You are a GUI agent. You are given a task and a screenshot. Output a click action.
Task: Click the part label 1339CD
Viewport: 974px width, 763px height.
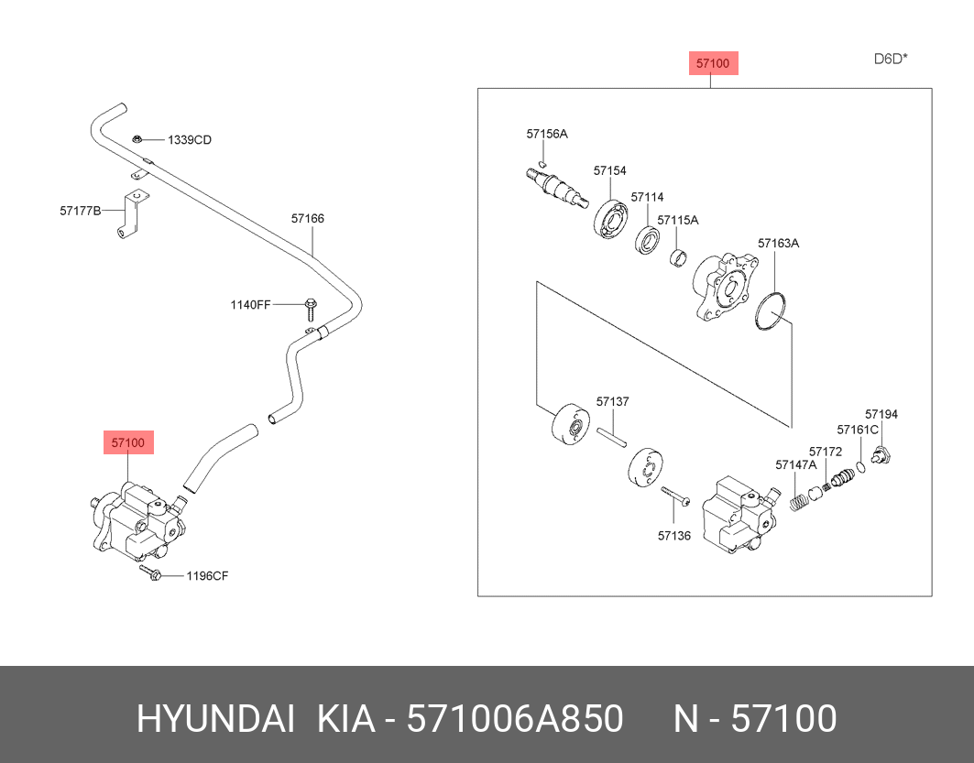coord(189,140)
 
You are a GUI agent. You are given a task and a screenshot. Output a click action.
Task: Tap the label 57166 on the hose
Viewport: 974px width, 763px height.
coord(308,219)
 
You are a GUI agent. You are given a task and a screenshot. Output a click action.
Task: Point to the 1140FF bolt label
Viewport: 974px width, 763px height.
coord(250,304)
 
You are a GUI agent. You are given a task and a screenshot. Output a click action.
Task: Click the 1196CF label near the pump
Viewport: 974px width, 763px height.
coord(207,576)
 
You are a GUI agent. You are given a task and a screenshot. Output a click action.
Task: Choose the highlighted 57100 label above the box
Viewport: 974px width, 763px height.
coord(712,63)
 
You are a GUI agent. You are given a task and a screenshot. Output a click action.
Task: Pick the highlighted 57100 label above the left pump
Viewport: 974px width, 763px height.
coord(128,443)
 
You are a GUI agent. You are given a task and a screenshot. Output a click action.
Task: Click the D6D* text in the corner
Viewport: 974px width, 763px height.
coord(890,60)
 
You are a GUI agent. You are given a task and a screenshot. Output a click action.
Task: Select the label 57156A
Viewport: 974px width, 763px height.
coord(547,134)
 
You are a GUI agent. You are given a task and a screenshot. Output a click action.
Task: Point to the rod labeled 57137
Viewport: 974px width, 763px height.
coord(611,435)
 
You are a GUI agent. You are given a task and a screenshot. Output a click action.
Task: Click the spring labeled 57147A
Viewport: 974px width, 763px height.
coord(797,501)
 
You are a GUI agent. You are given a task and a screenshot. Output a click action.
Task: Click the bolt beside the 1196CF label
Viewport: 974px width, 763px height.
coord(151,574)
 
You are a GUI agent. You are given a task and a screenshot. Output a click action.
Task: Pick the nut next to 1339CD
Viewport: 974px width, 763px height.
coord(137,139)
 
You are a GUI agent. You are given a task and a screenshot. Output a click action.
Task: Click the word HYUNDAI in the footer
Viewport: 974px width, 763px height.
coord(215,720)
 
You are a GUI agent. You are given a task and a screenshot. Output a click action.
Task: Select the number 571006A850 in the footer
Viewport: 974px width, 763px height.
coord(516,720)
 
